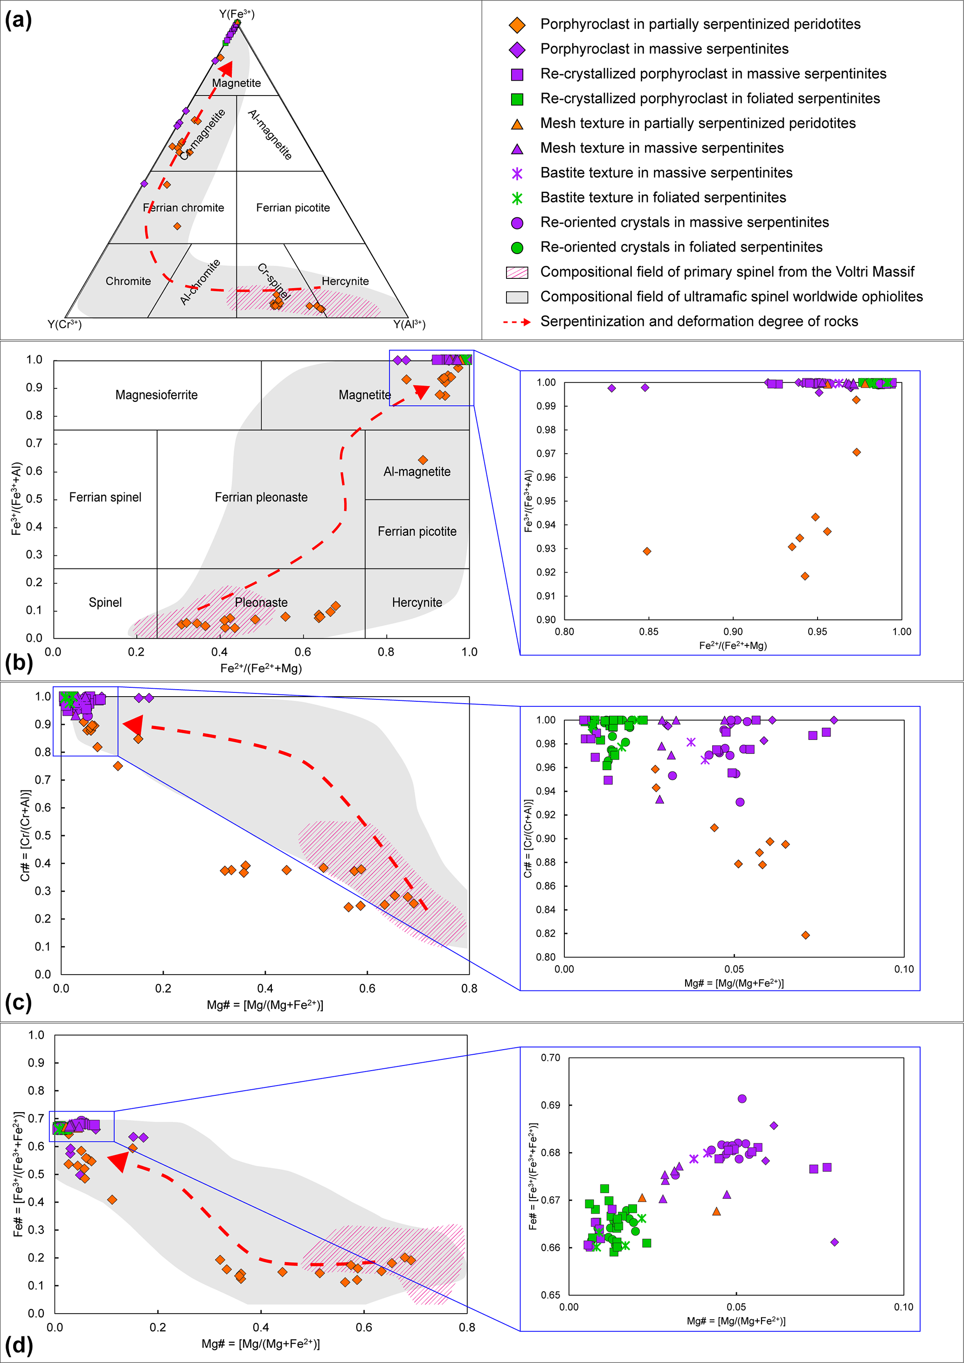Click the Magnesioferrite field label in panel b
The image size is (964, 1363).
pos(156,395)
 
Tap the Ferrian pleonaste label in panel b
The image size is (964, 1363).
pos(261,498)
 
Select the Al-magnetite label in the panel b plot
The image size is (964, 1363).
pos(416,471)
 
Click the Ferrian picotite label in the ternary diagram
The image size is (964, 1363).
pos(292,208)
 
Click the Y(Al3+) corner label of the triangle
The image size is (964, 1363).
pos(409,324)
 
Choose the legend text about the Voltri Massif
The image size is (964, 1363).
pos(727,272)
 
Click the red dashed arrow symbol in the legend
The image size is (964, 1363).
pos(516,322)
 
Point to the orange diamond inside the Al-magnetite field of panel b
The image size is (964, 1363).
pos(423,460)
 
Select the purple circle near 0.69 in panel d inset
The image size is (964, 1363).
pos(742,1099)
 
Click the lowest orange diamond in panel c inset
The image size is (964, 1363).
pos(805,935)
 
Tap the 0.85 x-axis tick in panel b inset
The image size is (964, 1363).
pos(649,632)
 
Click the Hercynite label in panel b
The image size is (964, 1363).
pos(416,602)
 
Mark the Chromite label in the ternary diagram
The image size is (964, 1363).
pos(128,281)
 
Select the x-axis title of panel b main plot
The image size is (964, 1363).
pos(261,668)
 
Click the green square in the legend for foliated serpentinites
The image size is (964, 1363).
pos(517,99)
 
